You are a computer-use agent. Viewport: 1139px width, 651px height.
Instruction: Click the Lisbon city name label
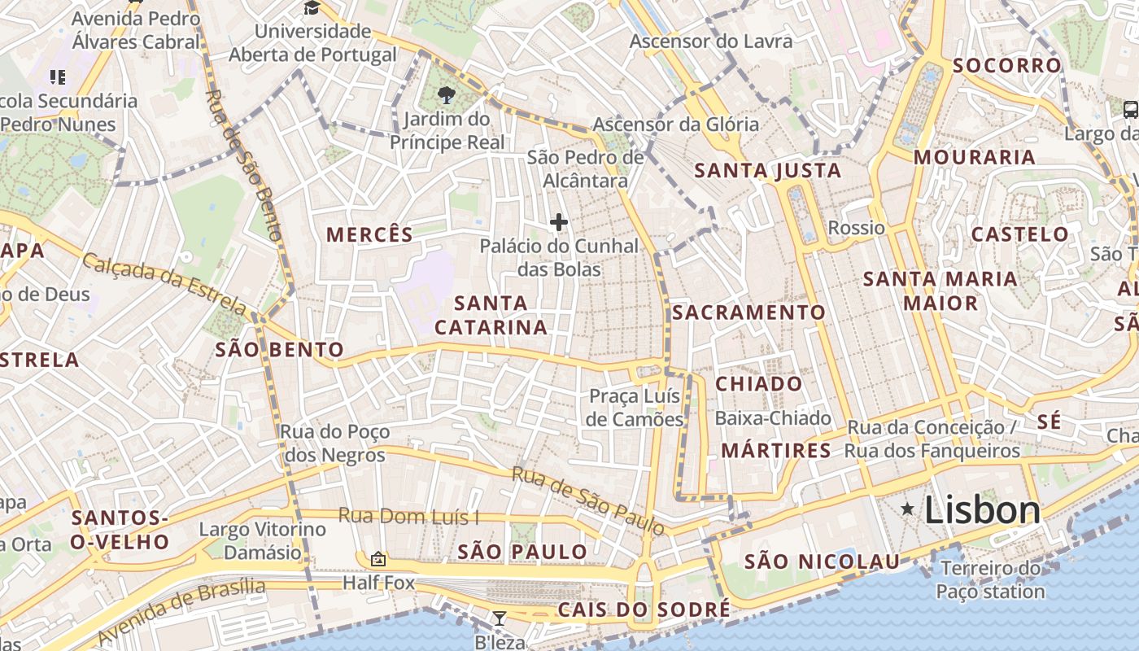click(982, 510)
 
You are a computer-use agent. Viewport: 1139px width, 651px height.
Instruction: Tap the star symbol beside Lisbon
click(907, 509)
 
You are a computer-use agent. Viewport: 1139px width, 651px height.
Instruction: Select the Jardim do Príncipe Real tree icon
click(445, 95)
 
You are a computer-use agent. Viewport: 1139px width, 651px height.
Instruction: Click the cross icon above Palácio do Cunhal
click(559, 221)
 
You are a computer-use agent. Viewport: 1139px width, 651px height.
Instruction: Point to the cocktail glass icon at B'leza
click(500, 618)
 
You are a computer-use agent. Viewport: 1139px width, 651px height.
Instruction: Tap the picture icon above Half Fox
click(378, 559)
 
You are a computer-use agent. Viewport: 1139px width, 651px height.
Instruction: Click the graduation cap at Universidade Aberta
click(312, 8)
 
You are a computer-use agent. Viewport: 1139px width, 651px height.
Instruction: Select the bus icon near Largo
click(1130, 109)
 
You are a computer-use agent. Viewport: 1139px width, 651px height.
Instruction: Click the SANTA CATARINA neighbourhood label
click(491, 315)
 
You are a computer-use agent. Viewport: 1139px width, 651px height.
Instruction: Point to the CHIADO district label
click(758, 383)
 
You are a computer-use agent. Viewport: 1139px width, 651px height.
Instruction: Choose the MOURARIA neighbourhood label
click(974, 157)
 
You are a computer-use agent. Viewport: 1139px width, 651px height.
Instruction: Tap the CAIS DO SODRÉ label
click(644, 609)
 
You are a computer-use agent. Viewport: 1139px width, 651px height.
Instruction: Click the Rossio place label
click(856, 227)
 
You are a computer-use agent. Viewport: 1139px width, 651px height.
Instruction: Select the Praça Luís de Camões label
click(635, 408)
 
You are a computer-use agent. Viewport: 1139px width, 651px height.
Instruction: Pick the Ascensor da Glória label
click(675, 125)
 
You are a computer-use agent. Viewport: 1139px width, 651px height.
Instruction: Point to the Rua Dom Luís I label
click(408, 516)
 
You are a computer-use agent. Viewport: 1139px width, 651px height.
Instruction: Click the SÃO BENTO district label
click(279, 350)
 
